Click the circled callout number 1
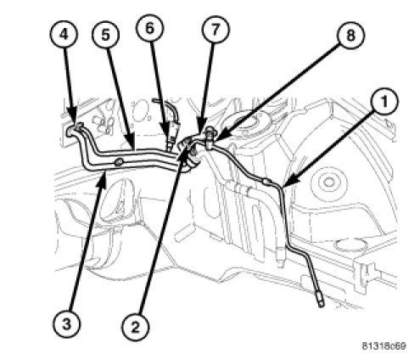point(384,101)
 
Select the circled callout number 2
point(136,328)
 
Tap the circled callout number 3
point(66,323)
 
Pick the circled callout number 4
point(64,35)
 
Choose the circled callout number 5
point(105,35)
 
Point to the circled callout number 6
point(149,28)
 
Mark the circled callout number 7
point(216,30)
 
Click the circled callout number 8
point(350,36)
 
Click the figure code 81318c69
point(384,346)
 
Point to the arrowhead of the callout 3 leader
point(104,179)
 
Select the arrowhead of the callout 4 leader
point(72,120)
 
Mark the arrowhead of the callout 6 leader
point(167,138)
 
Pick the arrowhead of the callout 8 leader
point(219,139)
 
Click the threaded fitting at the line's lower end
point(320,301)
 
